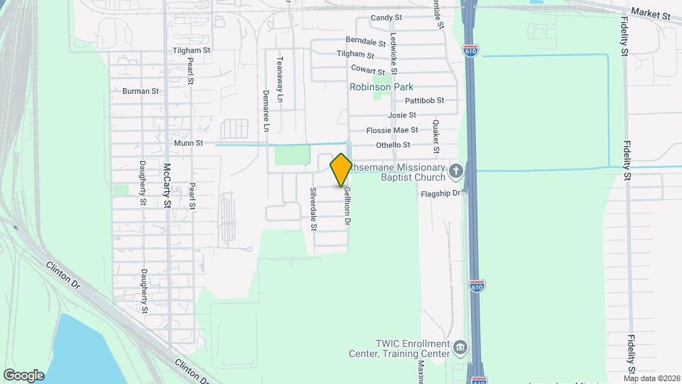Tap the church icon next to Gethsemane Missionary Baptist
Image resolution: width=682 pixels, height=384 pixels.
[x=455, y=171]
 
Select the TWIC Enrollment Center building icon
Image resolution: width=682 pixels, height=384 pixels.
[x=460, y=348]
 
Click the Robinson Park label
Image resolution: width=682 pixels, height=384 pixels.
[x=381, y=87]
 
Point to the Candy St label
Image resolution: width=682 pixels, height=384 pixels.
[x=386, y=18]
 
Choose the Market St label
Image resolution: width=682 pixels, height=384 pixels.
[x=650, y=14]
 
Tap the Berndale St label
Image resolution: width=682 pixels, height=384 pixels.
[x=364, y=41]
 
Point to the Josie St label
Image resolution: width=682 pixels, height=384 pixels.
[x=401, y=115]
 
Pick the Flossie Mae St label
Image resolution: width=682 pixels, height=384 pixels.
[x=392, y=130]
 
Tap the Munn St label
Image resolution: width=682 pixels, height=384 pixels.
[x=189, y=143]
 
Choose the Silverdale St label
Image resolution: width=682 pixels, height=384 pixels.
[x=313, y=209]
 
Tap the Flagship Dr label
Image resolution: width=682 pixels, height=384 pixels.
[x=441, y=192]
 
